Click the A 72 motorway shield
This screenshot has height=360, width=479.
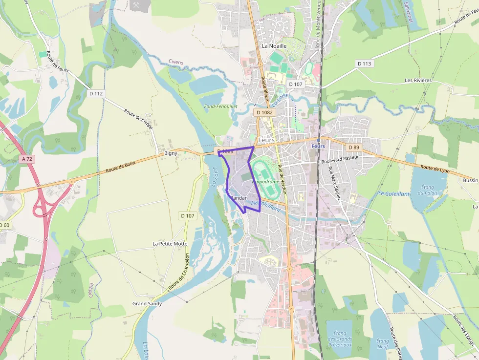(x=27, y=159)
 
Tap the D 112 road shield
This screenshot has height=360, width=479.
(x=96, y=93)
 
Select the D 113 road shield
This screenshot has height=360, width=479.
(x=364, y=64)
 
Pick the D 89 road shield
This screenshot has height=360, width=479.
(x=354, y=147)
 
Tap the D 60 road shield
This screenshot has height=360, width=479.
(x=4, y=225)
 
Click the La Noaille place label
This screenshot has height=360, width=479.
(x=274, y=46)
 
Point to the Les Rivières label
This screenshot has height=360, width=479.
(x=418, y=80)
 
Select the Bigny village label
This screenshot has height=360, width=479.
(x=171, y=153)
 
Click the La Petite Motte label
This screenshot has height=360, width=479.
(x=170, y=243)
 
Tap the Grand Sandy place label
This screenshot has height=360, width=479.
(x=147, y=303)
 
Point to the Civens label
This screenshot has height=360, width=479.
(x=175, y=62)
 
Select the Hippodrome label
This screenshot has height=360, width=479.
(x=266, y=182)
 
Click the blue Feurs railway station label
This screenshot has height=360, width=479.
(x=318, y=146)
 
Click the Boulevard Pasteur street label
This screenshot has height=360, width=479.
(x=340, y=158)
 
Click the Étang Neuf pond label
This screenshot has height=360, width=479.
(x=383, y=344)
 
